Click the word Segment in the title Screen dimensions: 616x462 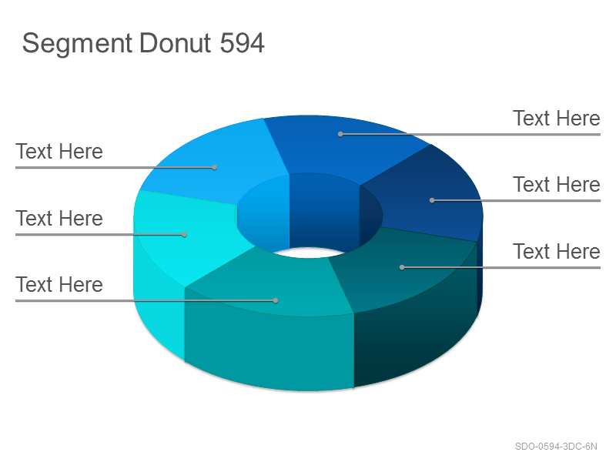[77, 44]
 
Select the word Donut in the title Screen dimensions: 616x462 [176, 43]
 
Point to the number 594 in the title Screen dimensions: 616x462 [242, 43]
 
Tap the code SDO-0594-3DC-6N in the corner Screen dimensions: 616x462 [556, 447]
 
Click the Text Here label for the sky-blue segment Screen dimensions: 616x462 [59, 152]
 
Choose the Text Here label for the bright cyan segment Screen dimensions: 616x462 [59, 219]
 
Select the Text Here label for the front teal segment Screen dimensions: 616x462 [59, 285]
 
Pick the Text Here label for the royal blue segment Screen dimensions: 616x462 [556, 119]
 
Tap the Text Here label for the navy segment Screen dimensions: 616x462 [556, 185]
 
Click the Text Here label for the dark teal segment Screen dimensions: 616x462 [556, 252]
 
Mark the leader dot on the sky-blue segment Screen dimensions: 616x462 [215, 167]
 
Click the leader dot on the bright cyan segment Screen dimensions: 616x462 [184, 235]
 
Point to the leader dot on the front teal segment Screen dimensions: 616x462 [276, 300]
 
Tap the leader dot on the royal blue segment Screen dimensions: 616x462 [340, 134]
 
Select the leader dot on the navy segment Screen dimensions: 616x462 [432, 200]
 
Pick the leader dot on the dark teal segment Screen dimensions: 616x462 [402, 267]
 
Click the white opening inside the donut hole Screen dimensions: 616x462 [310, 253]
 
